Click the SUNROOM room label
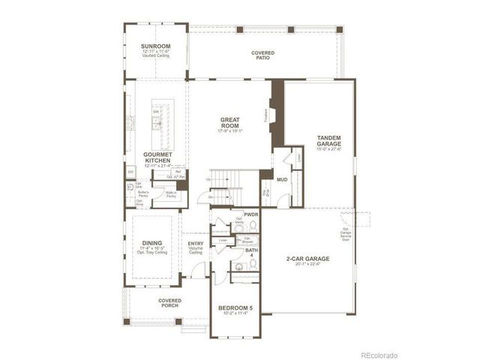click(156, 46)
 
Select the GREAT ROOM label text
click(229, 123)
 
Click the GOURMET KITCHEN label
click(158, 157)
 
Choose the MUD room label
click(281, 180)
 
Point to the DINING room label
click(152, 244)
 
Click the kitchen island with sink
click(158, 123)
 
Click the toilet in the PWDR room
click(241, 223)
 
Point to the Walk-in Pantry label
click(171, 194)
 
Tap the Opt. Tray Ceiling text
click(152, 253)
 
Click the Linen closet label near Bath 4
click(223, 241)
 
